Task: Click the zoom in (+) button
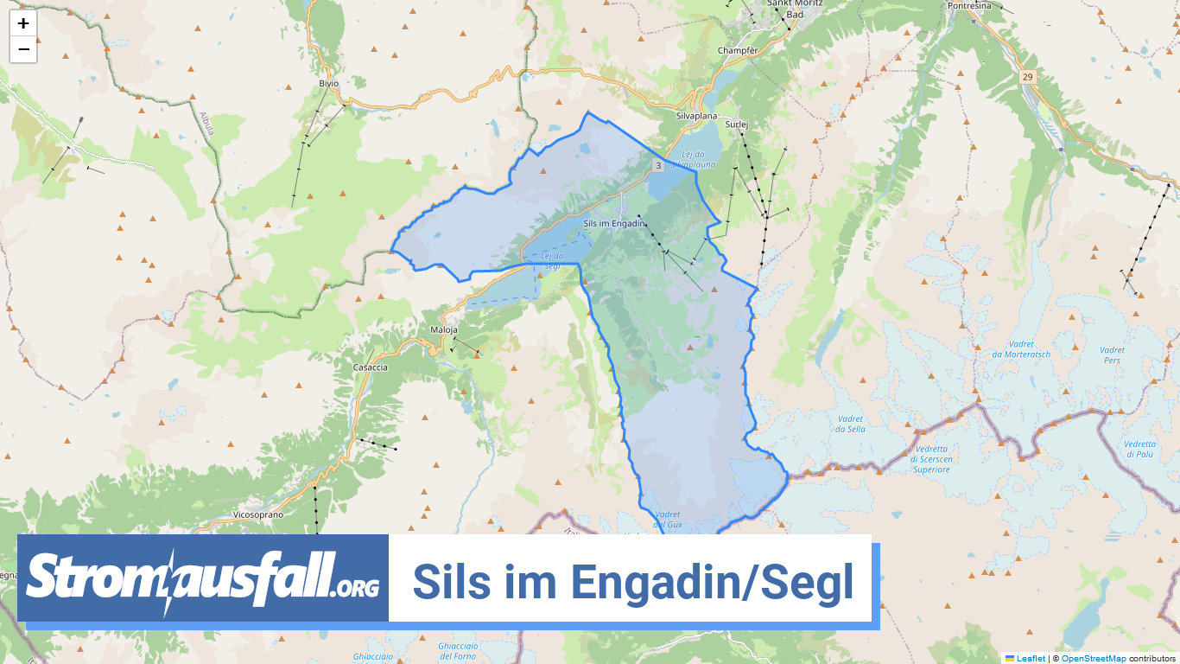23,23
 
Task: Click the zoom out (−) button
23,49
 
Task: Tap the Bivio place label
328,83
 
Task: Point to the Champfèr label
738,51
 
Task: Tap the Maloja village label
443,330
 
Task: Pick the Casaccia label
371,367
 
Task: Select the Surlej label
736,124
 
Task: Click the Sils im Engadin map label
614,223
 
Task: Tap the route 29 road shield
1027,77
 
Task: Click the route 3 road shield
658,165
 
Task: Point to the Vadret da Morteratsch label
1021,349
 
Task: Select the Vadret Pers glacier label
1113,354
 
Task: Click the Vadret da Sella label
850,424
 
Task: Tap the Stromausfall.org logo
203,578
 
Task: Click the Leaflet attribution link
1031,658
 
